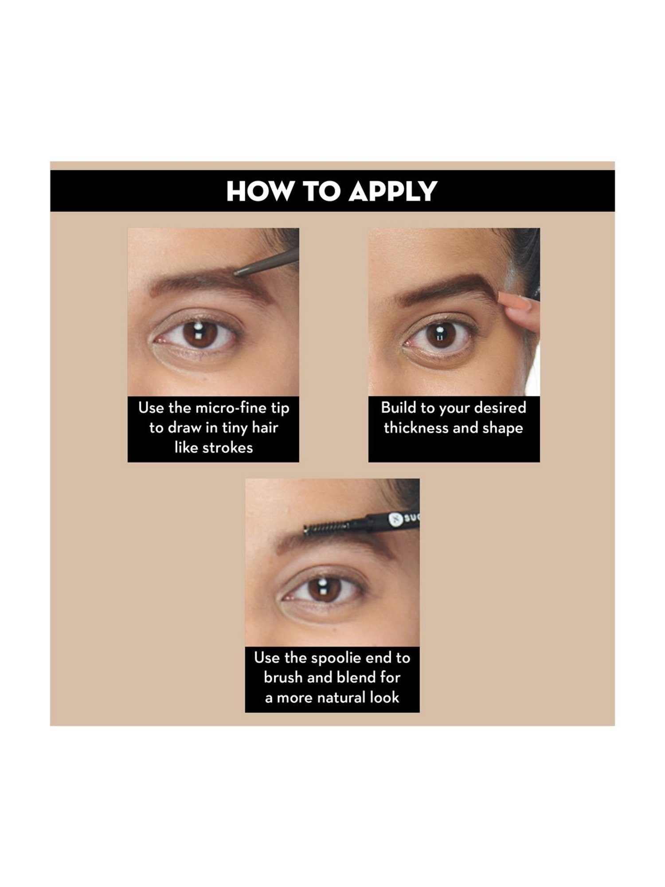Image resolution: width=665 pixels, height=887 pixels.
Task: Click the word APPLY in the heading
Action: pyautogui.click(x=393, y=192)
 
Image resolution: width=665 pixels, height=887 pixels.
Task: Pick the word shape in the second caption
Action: pyautogui.click(x=502, y=429)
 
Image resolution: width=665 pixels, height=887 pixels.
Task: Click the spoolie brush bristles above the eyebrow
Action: pyautogui.click(x=324, y=528)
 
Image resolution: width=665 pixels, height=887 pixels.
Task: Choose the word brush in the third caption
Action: pyautogui.click(x=283, y=678)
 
